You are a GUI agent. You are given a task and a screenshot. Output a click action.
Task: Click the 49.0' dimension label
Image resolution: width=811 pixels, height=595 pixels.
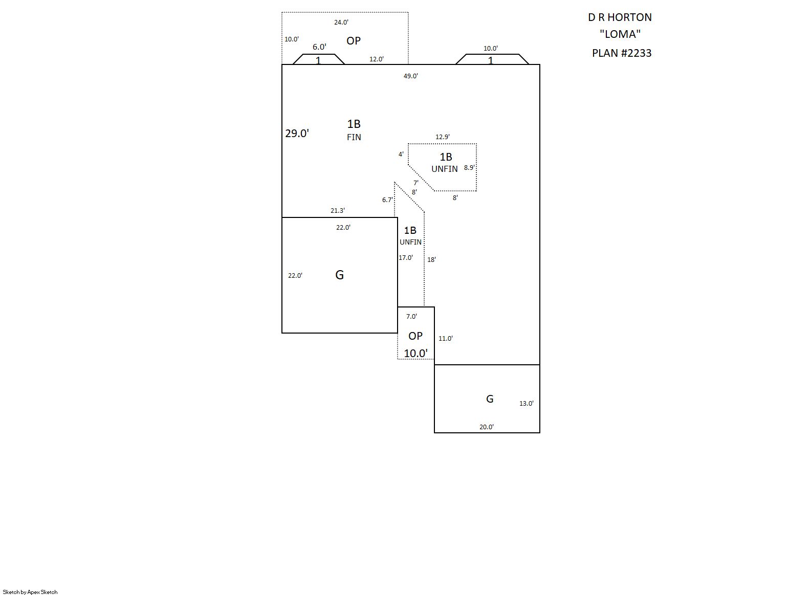[410, 76]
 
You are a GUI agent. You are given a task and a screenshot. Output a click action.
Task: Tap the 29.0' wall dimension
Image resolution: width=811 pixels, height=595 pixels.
[297, 134]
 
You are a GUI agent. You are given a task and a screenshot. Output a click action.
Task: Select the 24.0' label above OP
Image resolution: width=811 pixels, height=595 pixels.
[341, 23]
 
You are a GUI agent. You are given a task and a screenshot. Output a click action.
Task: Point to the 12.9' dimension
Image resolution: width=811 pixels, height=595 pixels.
[442, 137]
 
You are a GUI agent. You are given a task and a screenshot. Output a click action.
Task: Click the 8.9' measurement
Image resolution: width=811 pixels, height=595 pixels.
[469, 168]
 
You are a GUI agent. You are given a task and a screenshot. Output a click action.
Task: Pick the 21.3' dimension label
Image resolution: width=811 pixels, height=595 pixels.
[337, 211]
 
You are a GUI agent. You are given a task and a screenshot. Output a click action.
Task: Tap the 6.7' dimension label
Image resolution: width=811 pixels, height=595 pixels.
[387, 200]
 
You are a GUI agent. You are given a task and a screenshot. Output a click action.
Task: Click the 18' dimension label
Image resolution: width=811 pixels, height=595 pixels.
[431, 260]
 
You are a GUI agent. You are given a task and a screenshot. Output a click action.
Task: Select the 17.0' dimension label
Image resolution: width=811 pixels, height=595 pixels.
[405, 258]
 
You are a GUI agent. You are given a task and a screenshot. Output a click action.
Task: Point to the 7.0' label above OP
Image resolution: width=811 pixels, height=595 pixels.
[411, 317]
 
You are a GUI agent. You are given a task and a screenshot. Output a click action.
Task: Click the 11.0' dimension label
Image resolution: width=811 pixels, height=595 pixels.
[445, 339]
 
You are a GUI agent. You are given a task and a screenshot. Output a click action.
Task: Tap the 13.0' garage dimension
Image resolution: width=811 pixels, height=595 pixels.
[526, 404]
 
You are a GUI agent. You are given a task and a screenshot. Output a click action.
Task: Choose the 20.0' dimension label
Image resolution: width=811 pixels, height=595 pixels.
[486, 427]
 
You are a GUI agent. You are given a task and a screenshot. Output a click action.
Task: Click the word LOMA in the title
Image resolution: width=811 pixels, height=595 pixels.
[620, 34]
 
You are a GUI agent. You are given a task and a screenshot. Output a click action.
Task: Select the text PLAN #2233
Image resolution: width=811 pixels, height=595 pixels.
[622, 53]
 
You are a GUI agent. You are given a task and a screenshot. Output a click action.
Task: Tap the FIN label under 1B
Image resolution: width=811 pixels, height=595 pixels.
[354, 137]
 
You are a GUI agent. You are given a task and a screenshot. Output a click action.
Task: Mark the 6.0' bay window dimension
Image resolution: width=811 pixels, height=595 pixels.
[319, 47]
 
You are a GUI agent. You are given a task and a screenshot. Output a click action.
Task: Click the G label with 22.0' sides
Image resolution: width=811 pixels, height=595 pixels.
[339, 275]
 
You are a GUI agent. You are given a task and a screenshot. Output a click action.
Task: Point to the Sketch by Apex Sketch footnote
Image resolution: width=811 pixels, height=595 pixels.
[30, 592]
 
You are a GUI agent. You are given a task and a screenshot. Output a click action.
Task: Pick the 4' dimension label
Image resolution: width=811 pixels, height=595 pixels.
[401, 155]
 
